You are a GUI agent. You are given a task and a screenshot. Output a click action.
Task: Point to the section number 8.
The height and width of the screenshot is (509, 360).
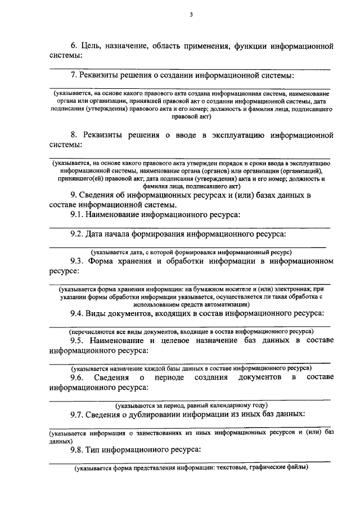pos(73,136)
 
